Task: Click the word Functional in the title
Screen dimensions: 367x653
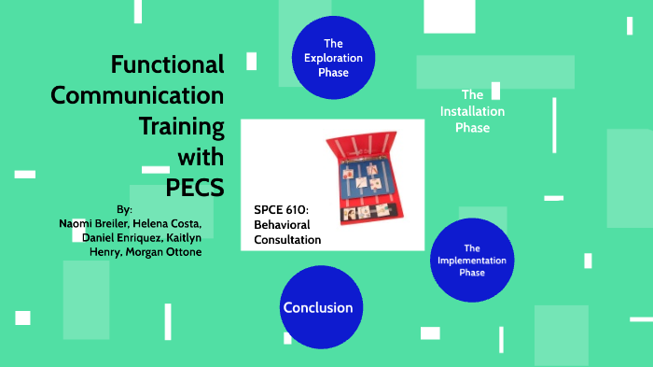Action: pos(168,64)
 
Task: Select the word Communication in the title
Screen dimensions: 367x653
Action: pos(137,95)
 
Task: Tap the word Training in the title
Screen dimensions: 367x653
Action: pos(181,125)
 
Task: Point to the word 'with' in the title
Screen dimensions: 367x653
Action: pos(201,155)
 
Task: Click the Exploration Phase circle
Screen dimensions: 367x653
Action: pos(333,57)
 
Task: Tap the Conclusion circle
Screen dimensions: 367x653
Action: pos(318,307)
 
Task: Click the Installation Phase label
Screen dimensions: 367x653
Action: pos(473,111)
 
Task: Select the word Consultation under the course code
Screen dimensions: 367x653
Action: pos(287,240)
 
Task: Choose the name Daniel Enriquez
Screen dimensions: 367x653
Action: pos(117,237)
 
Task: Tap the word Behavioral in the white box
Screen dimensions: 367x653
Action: pos(282,225)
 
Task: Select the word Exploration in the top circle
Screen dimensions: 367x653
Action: pos(333,58)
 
